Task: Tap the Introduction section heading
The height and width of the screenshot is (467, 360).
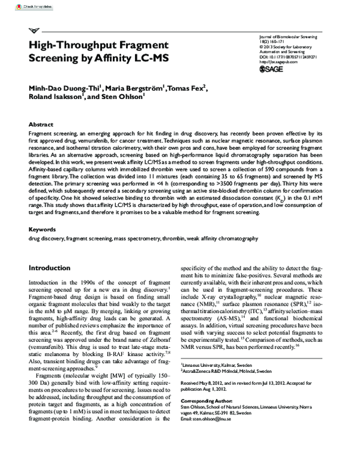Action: click(x=54, y=267)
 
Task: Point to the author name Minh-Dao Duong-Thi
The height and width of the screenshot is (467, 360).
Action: click(x=64, y=89)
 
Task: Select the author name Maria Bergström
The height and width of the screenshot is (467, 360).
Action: click(x=137, y=89)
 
